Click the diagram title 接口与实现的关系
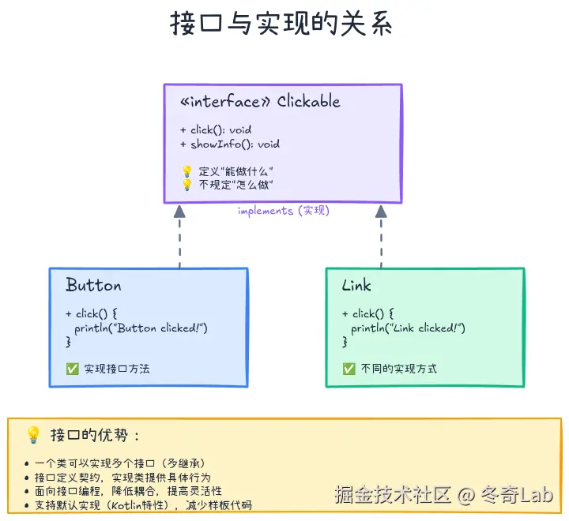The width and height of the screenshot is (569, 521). tap(281, 24)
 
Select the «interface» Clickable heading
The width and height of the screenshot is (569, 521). tap(260, 102)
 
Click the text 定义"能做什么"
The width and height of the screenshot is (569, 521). tap(236, 171)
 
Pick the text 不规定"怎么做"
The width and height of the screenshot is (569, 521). tap(236, 185)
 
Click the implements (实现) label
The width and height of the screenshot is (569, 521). tap(283, 211)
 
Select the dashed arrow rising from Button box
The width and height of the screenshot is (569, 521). tap(179, 237)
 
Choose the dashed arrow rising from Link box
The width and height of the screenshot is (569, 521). tap(381, 237)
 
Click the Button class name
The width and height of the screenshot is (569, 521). tap(93, 285)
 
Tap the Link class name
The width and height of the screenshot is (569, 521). tap(356, 285)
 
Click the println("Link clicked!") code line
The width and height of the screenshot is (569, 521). tap(409, 328)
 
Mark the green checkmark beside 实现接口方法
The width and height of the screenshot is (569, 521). tap(73, 369)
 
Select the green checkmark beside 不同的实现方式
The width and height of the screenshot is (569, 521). tap(349, 369)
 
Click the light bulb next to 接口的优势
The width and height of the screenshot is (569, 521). tap(33, 435)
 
